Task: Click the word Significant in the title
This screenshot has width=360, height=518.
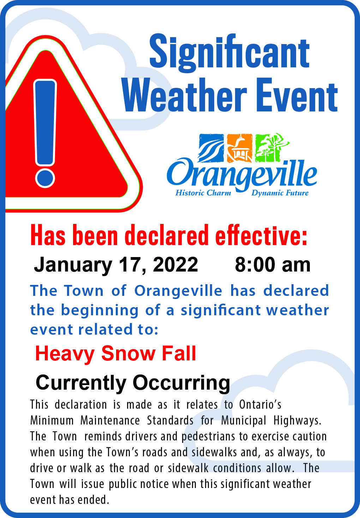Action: tap(229, 52)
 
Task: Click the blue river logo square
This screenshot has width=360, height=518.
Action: tap(211, 147)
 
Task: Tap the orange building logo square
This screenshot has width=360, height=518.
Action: tap(240, 147)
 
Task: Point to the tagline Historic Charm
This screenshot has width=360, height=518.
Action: tap(203, 193)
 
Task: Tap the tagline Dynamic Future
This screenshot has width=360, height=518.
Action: tap(280, 193)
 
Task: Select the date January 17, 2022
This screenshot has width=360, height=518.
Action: tap(116, 264)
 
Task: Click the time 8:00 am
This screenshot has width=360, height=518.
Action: tap(272, 264)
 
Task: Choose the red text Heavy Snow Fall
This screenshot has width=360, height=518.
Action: tap(115, 353)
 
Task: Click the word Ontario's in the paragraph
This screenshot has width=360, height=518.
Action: tap(260, 404)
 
